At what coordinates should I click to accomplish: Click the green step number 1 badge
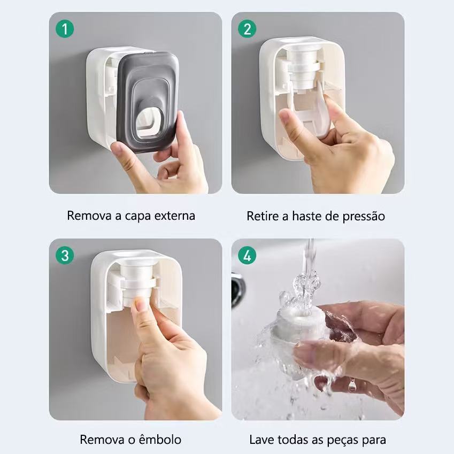click(x=65, y=29)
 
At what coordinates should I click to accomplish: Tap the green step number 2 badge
click(x=247, y=29)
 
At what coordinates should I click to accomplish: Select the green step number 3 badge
click(x=65, y=256)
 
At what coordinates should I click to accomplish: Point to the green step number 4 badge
click(x=247, y=256)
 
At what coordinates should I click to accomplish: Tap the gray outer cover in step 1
click(x=148, y=102)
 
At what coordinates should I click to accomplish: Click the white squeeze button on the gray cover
click(x=149, y=121)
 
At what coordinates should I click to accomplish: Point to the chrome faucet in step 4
click(x=238, y=289)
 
